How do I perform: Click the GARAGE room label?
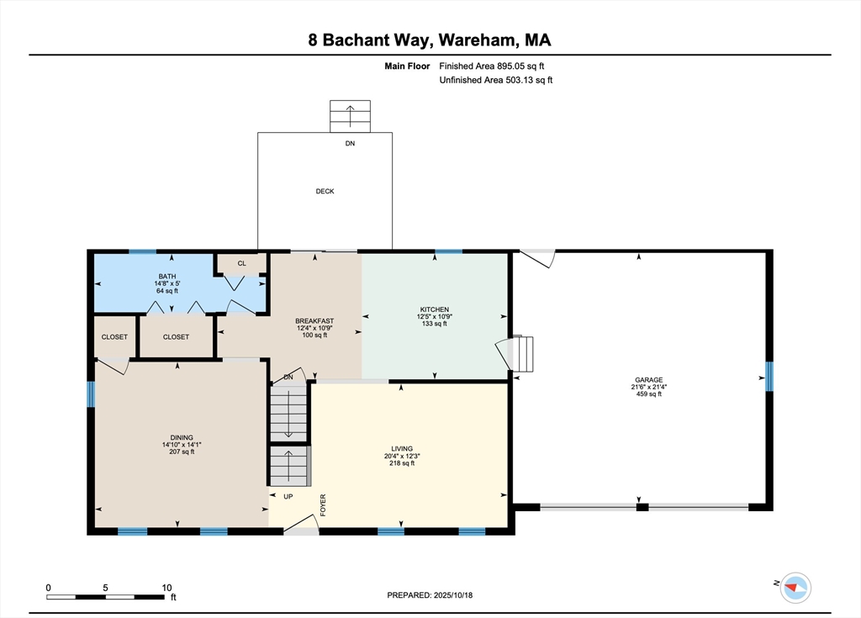pyautogui.click(x=648, y=379)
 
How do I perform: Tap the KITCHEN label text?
pyautogui.click(x=435, y=309)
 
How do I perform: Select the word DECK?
pyautogui.click(x=325, y=191)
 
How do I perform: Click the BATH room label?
pyautogui.click(x=167, y=277)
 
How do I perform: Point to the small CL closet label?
pyautogui.click(x=241, y=263)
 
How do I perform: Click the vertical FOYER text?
pyautogui.click(x=323, y=504)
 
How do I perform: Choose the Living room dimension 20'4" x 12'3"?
pyautogui.click(x=402, y=456)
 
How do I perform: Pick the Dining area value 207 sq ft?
pyautogui.click(x=182, y=452)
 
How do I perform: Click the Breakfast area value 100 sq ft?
pyautogui.click(x=314, y=335)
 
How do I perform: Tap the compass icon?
pyautogui.click(x=795, y=588)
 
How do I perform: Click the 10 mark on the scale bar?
pyautogui.click(x=166, y=587)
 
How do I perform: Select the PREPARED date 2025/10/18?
pyautogui.click(x=453, y=595)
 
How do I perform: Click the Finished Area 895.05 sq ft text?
pyautogui.click(x=491, y=66)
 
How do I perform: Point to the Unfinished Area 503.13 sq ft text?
pyautogui.click(x=496, y=80)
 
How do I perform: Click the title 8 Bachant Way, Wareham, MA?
pyautogui.click(x=430, y=40)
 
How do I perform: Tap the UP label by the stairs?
pyautogui.click(x=288, y=497)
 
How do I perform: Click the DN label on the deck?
pyautogui.click(x=350, y=144)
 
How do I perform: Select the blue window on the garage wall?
pyautogui.click(x=769, y=377)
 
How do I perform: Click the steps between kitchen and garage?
pyautogui.click(x=523, y=354)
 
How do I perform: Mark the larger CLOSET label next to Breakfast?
pyautogui.click(x=176, y=336)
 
